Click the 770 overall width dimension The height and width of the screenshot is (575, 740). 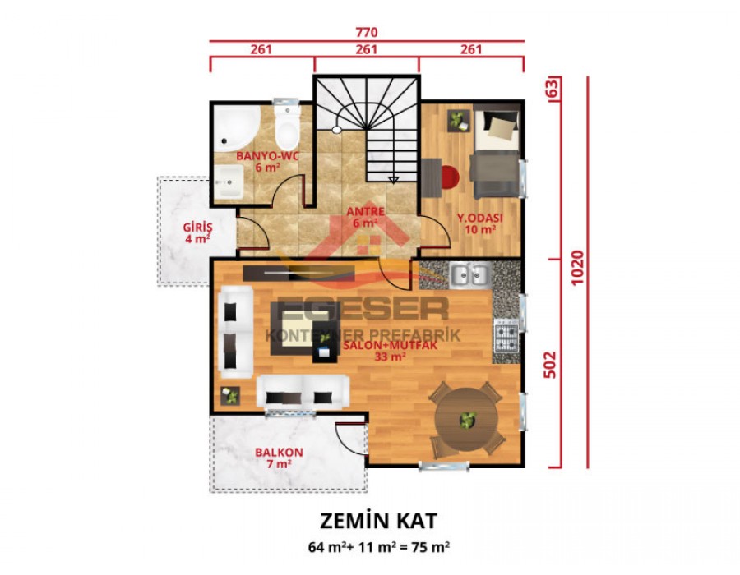pyautogui.click(x=366, y=33)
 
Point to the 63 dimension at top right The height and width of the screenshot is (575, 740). pyautogui.click(x=552, y=86)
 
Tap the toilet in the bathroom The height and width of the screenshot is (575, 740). pyautogui.click(x=287, y=127)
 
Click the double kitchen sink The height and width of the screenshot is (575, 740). pyautogui.click(x=469, y=274)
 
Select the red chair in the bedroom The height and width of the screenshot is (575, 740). pyautogui.click(x=448, y=177)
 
